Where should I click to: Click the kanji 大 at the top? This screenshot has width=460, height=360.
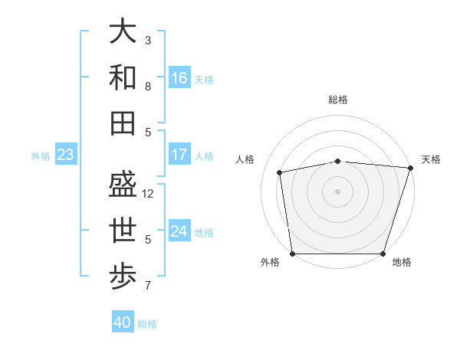pos(123,31)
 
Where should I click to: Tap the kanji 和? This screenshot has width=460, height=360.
pos(123,77)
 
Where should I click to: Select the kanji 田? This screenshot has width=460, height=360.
pos(123,123)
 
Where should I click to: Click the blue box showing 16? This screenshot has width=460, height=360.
pos(179,78)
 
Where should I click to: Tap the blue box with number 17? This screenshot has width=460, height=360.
pos(179,155)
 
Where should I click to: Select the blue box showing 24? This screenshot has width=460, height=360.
pos(179,231)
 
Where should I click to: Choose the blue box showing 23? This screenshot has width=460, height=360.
pos(66,155)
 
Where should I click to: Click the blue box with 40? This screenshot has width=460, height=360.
pos(123,322)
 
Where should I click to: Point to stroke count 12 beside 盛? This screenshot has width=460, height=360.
pos(149,194)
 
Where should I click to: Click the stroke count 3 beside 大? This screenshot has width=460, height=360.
pos(148,40)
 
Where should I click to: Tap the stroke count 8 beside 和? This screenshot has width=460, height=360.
pos(148,87)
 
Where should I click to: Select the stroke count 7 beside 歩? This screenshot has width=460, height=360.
pos(148,286)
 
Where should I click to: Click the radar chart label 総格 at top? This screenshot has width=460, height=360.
pos(338,100)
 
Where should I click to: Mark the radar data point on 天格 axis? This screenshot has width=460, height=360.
pos(410,168)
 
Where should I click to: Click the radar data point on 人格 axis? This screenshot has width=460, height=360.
pos(280,172)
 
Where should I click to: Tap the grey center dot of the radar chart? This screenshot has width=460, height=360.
pos(338,191)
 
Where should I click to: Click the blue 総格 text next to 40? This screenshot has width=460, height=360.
pos(147,324)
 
